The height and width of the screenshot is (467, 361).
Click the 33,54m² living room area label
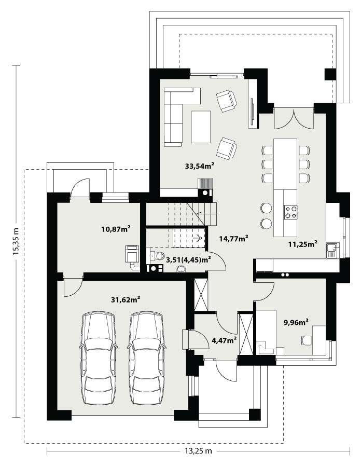200,166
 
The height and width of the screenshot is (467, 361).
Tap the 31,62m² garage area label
126,299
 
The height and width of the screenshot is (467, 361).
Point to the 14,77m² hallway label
233,238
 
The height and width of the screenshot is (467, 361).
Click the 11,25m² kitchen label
302,244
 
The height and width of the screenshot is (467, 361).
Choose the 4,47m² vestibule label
224,340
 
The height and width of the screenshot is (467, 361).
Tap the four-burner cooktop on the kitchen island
290,212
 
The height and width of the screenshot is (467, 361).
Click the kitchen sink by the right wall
332,250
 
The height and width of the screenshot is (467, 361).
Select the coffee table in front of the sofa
201,127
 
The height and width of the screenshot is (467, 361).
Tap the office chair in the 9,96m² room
306,340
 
